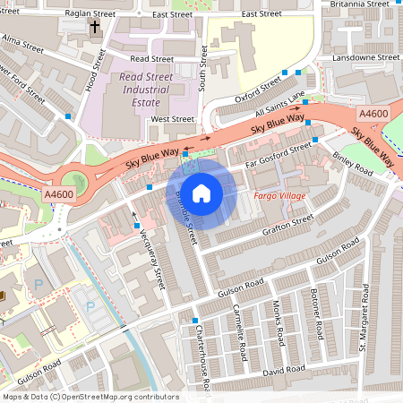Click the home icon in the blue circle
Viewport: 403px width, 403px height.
pos(201,193)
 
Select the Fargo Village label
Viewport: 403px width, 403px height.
pos(280,195)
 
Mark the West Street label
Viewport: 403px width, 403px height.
pos(172,118)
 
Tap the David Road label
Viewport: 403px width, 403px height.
pos(285,369)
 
